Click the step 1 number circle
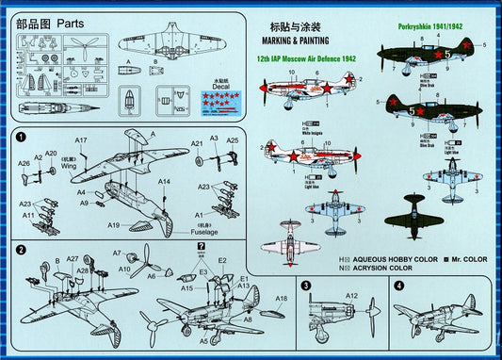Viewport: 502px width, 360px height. [21, 139]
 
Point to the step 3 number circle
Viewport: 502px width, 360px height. [305, 285]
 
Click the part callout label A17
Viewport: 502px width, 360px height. [81, 140]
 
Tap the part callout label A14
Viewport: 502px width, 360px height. [164, 181]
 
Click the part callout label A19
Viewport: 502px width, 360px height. [115, 224]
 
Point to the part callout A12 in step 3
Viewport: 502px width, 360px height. [350, 296]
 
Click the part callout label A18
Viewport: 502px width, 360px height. [282, 299]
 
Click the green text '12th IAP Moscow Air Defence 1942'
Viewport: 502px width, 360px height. [307, 58]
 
